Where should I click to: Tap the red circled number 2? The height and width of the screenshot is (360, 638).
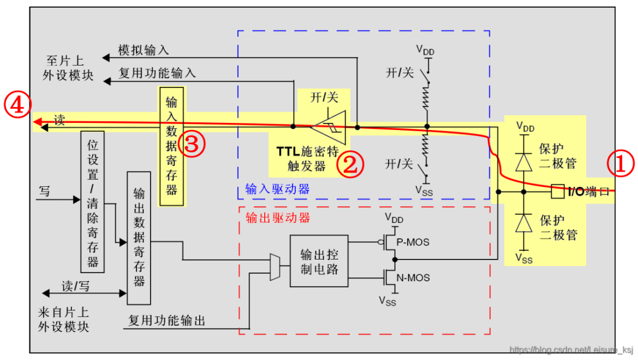(x=350, y=164)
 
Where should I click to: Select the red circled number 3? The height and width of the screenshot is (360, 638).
(x=192, y=144)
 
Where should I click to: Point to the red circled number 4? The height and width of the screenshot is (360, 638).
(x=16, y=105)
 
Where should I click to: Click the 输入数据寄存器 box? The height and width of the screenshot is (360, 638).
(x=171, y=145)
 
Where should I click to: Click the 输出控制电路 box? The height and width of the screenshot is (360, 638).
(x=318, y=261)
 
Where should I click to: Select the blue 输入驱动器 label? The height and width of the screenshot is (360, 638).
(x=277, y=189)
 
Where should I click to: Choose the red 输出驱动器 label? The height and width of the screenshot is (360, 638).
(x=277, y=218)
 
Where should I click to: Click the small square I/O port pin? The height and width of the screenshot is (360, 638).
(x=556, y=192)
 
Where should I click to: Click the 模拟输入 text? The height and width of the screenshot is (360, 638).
(x=144, y=51)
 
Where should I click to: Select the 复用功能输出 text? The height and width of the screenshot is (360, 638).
(x=167, y=321)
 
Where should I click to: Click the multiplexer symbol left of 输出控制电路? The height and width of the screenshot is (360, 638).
(x=275, y=267)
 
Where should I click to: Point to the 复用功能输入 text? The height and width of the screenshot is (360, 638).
(x=157, y=73)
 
